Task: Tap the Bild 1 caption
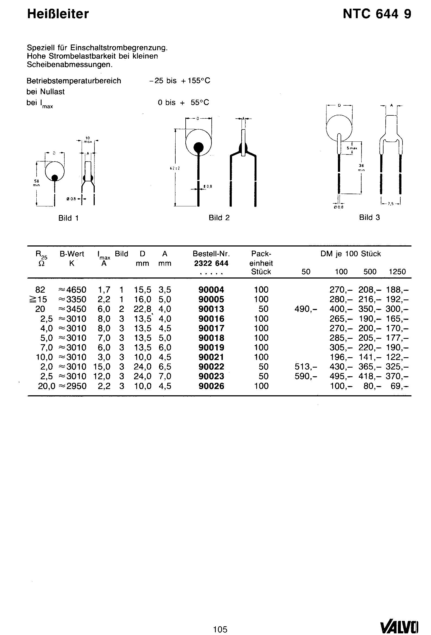click(68, 218)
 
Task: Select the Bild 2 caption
click(219, 218)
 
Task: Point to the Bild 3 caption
click(369, 217)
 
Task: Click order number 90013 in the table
click(211, 309)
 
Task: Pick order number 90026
click(211, 386)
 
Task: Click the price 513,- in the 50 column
click(306, 367)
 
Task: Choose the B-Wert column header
click(72, 254)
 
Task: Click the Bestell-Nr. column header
click(211, 254)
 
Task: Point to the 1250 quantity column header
click(397, 271)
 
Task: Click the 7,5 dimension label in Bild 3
click(391, 204)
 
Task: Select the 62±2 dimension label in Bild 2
click(175, 168)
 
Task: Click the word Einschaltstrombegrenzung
click(119, 48)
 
